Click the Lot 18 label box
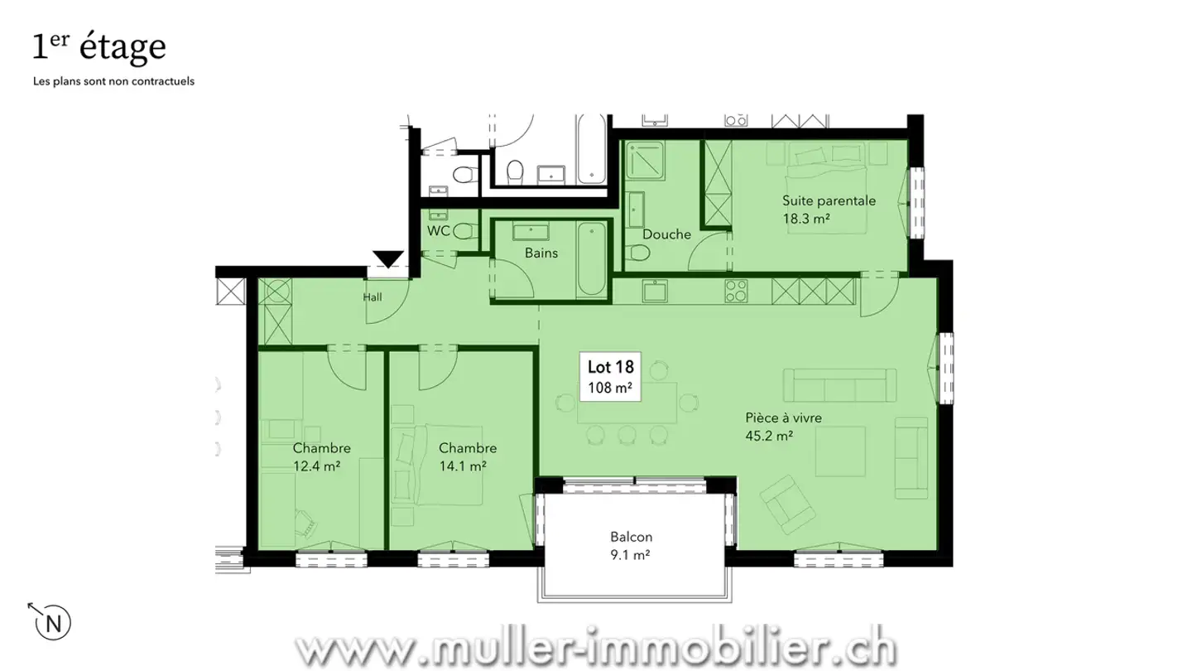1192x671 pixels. [x=610, y=377]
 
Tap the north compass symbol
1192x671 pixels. [x=54, y=622]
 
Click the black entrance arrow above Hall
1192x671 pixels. [x=387, y=259]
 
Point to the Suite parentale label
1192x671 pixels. [x=829, y=209]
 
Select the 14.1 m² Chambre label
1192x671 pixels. [x=468, y=456]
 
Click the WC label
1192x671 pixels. [x=438, y=231]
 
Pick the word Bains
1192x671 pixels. [x=541, y=253]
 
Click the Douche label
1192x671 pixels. [x=666, y=234]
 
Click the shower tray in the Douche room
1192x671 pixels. [x=646, y=161]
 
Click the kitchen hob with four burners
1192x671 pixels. [x=737, y=291]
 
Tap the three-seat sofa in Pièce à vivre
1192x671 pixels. [x=839, y=385]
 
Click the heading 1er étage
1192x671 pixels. [x=99, y=47]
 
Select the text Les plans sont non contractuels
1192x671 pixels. [x=113, y=82]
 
